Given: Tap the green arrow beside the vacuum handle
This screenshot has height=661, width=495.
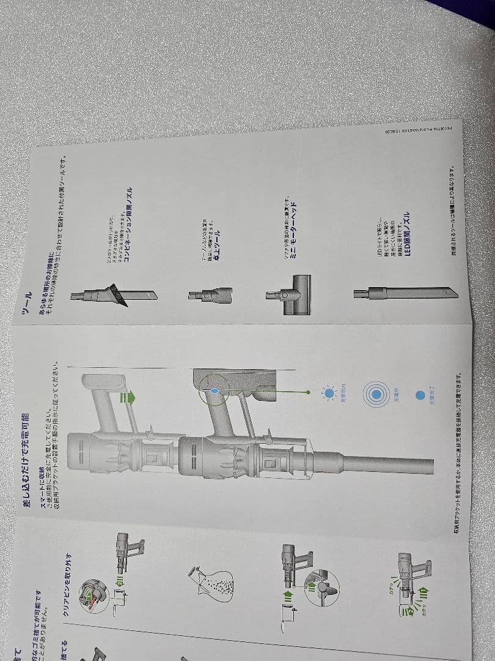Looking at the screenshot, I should pyautogui.click(x=128, y=398).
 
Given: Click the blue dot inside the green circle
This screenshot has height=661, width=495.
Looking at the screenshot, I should pyautogui.click(x=214, y=389).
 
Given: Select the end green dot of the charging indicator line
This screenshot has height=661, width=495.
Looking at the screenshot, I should pyautogui.click(x=309, y=389).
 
